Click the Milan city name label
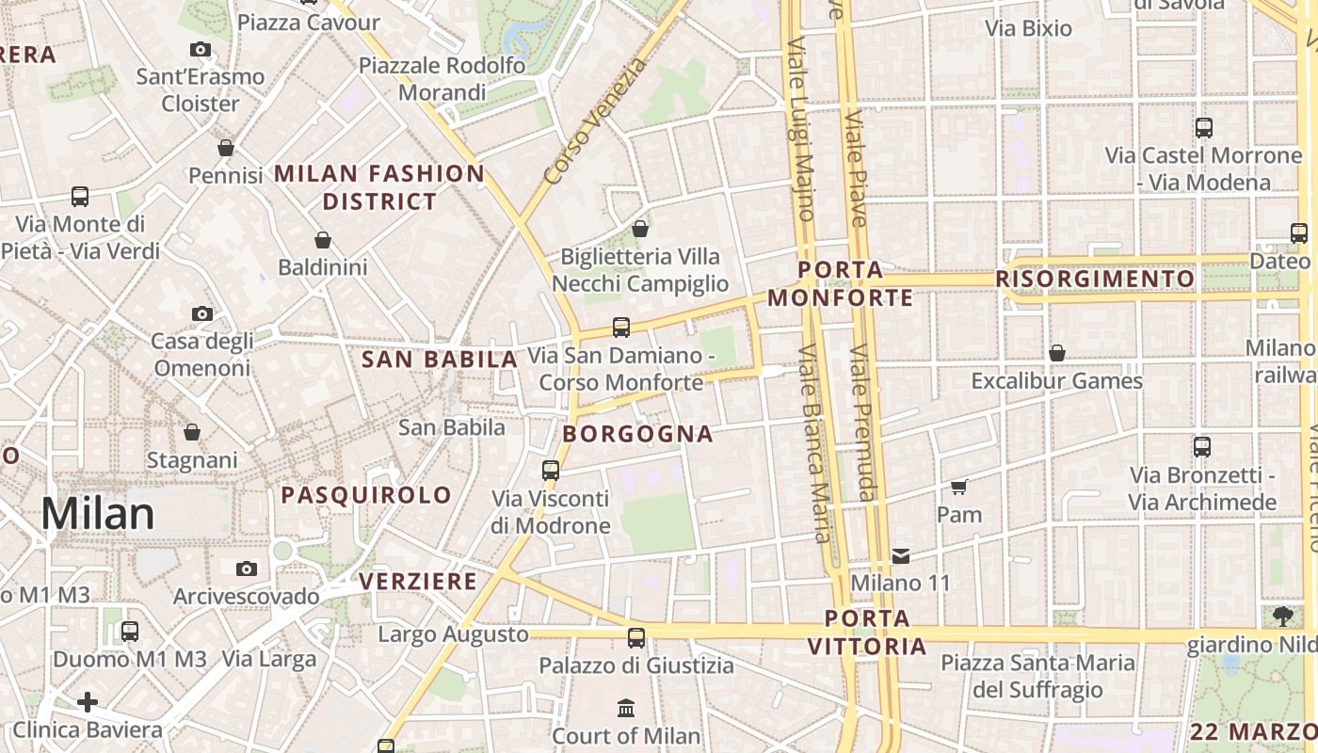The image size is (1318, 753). click(97, 514)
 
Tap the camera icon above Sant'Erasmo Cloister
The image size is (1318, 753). click(201, 50)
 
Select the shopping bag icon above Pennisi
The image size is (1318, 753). click(226, 148)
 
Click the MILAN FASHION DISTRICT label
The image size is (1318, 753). click(379, 187)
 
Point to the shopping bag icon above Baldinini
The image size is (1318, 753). click(323, 240)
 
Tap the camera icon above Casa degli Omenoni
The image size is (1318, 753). click(201, 313)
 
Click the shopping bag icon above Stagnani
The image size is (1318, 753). click(192, 432)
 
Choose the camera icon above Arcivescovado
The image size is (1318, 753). click(247, 569)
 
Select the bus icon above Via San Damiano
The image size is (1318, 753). click(621, 328)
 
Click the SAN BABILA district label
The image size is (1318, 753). click(441, 359)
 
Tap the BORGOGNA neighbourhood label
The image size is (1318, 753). click(638, 434)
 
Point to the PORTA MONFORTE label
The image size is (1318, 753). click(841, 284)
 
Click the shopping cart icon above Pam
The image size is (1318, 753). click(959, 488)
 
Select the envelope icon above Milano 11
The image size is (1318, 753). click(901, 555)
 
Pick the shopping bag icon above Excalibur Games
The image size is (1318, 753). click(1057, 353)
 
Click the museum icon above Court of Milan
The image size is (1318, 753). click(626, 708)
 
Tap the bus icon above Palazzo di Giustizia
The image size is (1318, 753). click(636, 638)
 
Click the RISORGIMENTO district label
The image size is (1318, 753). click(1095, 279)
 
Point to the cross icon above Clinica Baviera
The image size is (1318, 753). click(88, 702)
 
